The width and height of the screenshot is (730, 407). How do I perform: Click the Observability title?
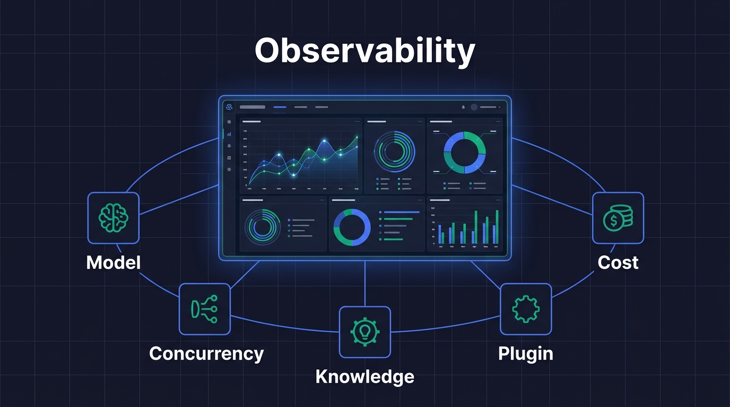tap(364, 51)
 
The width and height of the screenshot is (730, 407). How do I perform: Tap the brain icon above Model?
tap(114, 218)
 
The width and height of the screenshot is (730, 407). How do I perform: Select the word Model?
tap(114, 262)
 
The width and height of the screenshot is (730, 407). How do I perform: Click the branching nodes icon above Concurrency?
tap(205, 309)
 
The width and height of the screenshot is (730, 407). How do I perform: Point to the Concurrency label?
tap(206, 353)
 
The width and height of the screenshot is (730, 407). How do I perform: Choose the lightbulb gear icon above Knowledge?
tap(365, 332)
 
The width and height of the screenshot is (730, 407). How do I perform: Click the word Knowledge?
tap(365, 377)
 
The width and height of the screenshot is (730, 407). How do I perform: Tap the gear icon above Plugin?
tap(526, 309)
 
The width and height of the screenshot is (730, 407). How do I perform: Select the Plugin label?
tap(526, 353)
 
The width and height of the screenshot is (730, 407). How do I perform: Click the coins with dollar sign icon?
tap(618, 218)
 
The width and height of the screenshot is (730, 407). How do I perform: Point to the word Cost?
tap(618, 262)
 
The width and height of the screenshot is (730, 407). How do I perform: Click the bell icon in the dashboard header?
tap(463, 107)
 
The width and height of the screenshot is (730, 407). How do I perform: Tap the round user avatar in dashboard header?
tap(474, 107)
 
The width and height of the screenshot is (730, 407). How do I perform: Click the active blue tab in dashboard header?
tap(280, 107)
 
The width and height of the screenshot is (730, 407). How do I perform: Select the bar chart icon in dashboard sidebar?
tap(229, 134)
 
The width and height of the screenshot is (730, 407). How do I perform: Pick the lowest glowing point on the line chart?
tap(293, 174)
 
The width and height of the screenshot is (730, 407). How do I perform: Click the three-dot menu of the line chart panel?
tap(357, 121)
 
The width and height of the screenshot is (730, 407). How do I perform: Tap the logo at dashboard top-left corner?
tap(229, 107)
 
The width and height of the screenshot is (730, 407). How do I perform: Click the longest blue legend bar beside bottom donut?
tap(401, 212)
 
